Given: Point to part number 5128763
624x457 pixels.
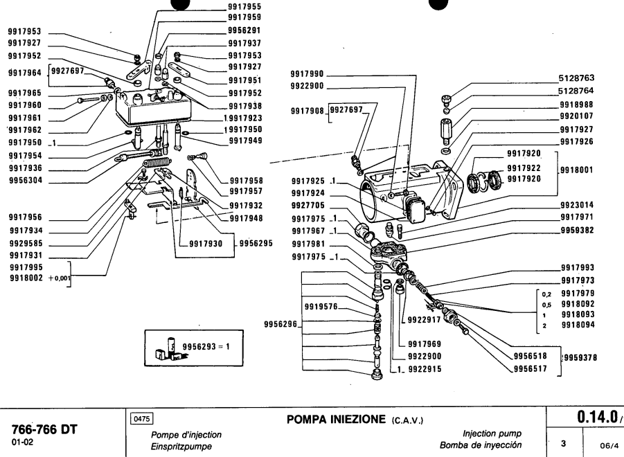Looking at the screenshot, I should point(577,80).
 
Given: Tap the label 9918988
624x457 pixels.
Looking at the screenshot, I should point(577,103).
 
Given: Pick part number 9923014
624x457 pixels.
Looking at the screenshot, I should point(577,205).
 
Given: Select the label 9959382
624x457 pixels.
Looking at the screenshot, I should point(577,230).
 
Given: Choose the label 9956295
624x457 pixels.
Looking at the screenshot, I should point(256,244).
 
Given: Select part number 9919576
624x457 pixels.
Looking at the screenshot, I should point(321,306).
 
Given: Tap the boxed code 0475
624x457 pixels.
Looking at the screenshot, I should point(143,419).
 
